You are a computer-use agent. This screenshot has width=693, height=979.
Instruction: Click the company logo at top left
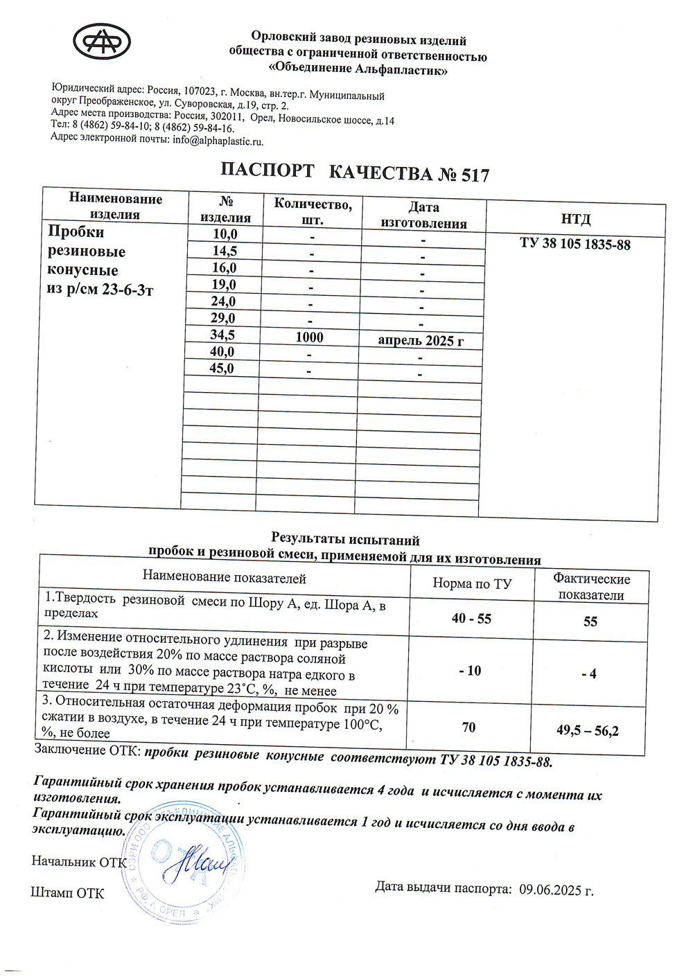102,43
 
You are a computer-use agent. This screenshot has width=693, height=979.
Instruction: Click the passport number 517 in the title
475,175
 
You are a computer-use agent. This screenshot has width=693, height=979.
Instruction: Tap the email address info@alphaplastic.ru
218,141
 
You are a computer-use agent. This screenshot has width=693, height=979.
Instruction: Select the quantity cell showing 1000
309,337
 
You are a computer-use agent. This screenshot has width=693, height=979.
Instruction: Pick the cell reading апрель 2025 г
421,340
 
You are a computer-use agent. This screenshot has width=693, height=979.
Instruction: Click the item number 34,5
222,335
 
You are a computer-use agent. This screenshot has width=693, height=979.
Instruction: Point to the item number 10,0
225,234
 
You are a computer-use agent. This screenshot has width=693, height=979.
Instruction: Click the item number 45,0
222,369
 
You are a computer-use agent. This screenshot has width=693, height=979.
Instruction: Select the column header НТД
575,220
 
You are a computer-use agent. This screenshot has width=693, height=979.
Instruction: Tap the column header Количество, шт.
313,211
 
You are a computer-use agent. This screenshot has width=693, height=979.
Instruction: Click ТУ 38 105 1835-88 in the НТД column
575,244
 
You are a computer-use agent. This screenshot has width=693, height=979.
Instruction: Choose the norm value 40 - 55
471,619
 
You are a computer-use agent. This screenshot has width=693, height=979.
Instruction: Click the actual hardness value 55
590,621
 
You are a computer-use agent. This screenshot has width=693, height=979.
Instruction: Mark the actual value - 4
589,673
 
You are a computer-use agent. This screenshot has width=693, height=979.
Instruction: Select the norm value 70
469,727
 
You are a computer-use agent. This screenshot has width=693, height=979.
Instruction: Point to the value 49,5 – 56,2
588,730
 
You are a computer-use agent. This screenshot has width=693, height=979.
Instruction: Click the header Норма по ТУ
472,584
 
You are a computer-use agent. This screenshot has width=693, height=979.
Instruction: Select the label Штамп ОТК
67,893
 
